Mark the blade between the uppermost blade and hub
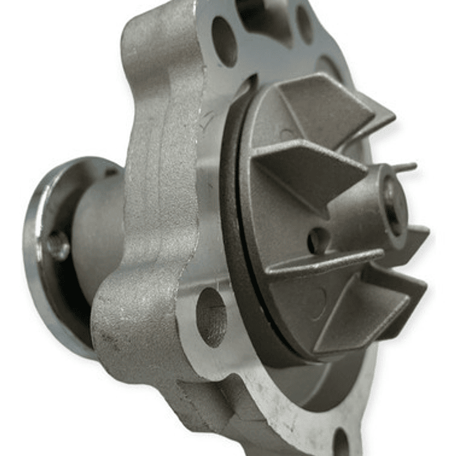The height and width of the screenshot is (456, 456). click(304, 165)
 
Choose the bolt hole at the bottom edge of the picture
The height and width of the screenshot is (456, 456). click(341, 444)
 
